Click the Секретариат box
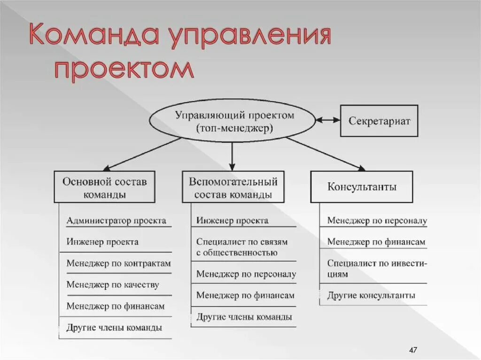(x=379, y=121)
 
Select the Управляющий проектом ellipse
(x=232, y=121)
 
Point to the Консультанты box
(x=361, y=187)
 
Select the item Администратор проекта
(x=116, y=220)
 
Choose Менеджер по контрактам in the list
(x=118, y=263)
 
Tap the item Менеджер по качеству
(x=113, y=284)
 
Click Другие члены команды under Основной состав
(x=114, y=328)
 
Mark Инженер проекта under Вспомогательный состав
(x=233, y=220)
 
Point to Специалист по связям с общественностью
(x=242, y=247)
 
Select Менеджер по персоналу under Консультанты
(x=377, y=220)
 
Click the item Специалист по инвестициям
(x=377, y=269)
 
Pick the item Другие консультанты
(x=371, y=296)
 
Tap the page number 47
(x=413, y=350)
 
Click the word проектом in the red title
(x=124, y=69)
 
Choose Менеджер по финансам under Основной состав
(x=116, y=306)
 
